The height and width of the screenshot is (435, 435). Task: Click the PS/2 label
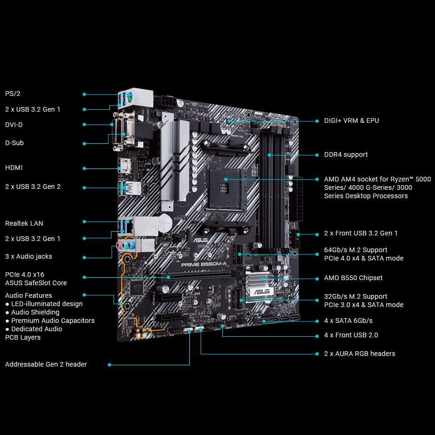coord(13,94)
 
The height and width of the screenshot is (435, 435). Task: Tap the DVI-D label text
coord(14,125)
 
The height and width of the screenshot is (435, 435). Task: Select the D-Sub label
coord(14,143)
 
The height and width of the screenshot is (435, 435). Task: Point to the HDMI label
coord(14,167)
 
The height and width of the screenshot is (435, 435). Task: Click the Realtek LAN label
coord(24,223)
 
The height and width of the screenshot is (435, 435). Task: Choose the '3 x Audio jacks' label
coord(28,256)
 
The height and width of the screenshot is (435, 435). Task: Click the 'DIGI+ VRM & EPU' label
coord(352,120)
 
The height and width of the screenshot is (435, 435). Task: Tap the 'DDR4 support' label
coord(346,154)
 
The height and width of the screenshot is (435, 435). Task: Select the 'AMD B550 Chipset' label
coord(353,278)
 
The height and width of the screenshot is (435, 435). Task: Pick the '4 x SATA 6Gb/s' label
coord(348,321)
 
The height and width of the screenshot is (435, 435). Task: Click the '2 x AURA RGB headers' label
coord(360,354)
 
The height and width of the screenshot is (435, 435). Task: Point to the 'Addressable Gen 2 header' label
coord(46,364)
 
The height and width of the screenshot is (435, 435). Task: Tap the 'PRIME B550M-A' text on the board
coord(204,264)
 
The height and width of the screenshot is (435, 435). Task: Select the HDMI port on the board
coord(125,166)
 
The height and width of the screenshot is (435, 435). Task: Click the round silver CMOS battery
coord(165,223)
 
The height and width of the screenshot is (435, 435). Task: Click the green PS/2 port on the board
coord(129,98)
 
